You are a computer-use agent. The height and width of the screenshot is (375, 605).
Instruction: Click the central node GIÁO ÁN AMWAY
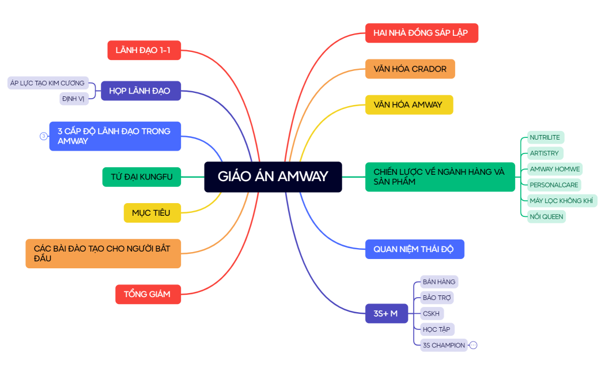click(x=273, y=177)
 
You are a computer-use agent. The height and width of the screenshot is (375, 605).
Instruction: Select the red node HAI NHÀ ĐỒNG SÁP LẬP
click(x=421, y=33)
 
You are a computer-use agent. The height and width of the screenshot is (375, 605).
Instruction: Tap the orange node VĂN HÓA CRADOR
click(x=410, y=69)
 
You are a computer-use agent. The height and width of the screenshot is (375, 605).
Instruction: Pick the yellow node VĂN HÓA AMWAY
click(x=409, y=104)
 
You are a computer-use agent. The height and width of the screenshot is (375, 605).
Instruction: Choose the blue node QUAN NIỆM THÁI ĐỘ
click(x=414, y=249)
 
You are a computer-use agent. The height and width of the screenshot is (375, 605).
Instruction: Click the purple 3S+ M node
click(x=386, y=313)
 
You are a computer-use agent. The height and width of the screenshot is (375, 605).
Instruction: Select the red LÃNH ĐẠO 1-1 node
click(x=143, y=50)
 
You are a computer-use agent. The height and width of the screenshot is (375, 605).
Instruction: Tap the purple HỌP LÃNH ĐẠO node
click(x=141, y=91)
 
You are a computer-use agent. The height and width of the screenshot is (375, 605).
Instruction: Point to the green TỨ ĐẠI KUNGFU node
click(x=142, y=177)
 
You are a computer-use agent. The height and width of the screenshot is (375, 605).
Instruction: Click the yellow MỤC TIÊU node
click(x=152, y=213)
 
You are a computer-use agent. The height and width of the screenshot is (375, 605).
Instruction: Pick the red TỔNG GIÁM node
click(x=148, y=294)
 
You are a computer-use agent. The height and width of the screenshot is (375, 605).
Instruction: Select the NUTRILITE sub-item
click(x=545, y=137)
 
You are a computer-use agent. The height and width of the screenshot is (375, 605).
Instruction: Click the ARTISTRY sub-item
click(x=544, y=153)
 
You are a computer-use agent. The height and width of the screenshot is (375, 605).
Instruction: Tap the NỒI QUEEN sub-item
click(x=546, y=216)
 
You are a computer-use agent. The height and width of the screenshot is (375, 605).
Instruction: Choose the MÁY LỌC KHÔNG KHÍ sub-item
click(x=562, y=201)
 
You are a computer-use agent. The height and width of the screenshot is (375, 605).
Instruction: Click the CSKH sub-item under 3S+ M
click(x=431, y=313)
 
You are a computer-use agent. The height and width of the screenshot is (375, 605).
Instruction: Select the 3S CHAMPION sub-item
click(x=444, y=345)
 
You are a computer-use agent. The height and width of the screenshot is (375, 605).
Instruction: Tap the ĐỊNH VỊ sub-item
click(x=74, y=99)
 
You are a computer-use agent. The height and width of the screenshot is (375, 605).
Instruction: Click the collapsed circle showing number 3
click(x=43, y=136)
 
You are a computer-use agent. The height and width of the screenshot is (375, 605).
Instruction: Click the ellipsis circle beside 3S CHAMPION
click(x=474, y=345)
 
